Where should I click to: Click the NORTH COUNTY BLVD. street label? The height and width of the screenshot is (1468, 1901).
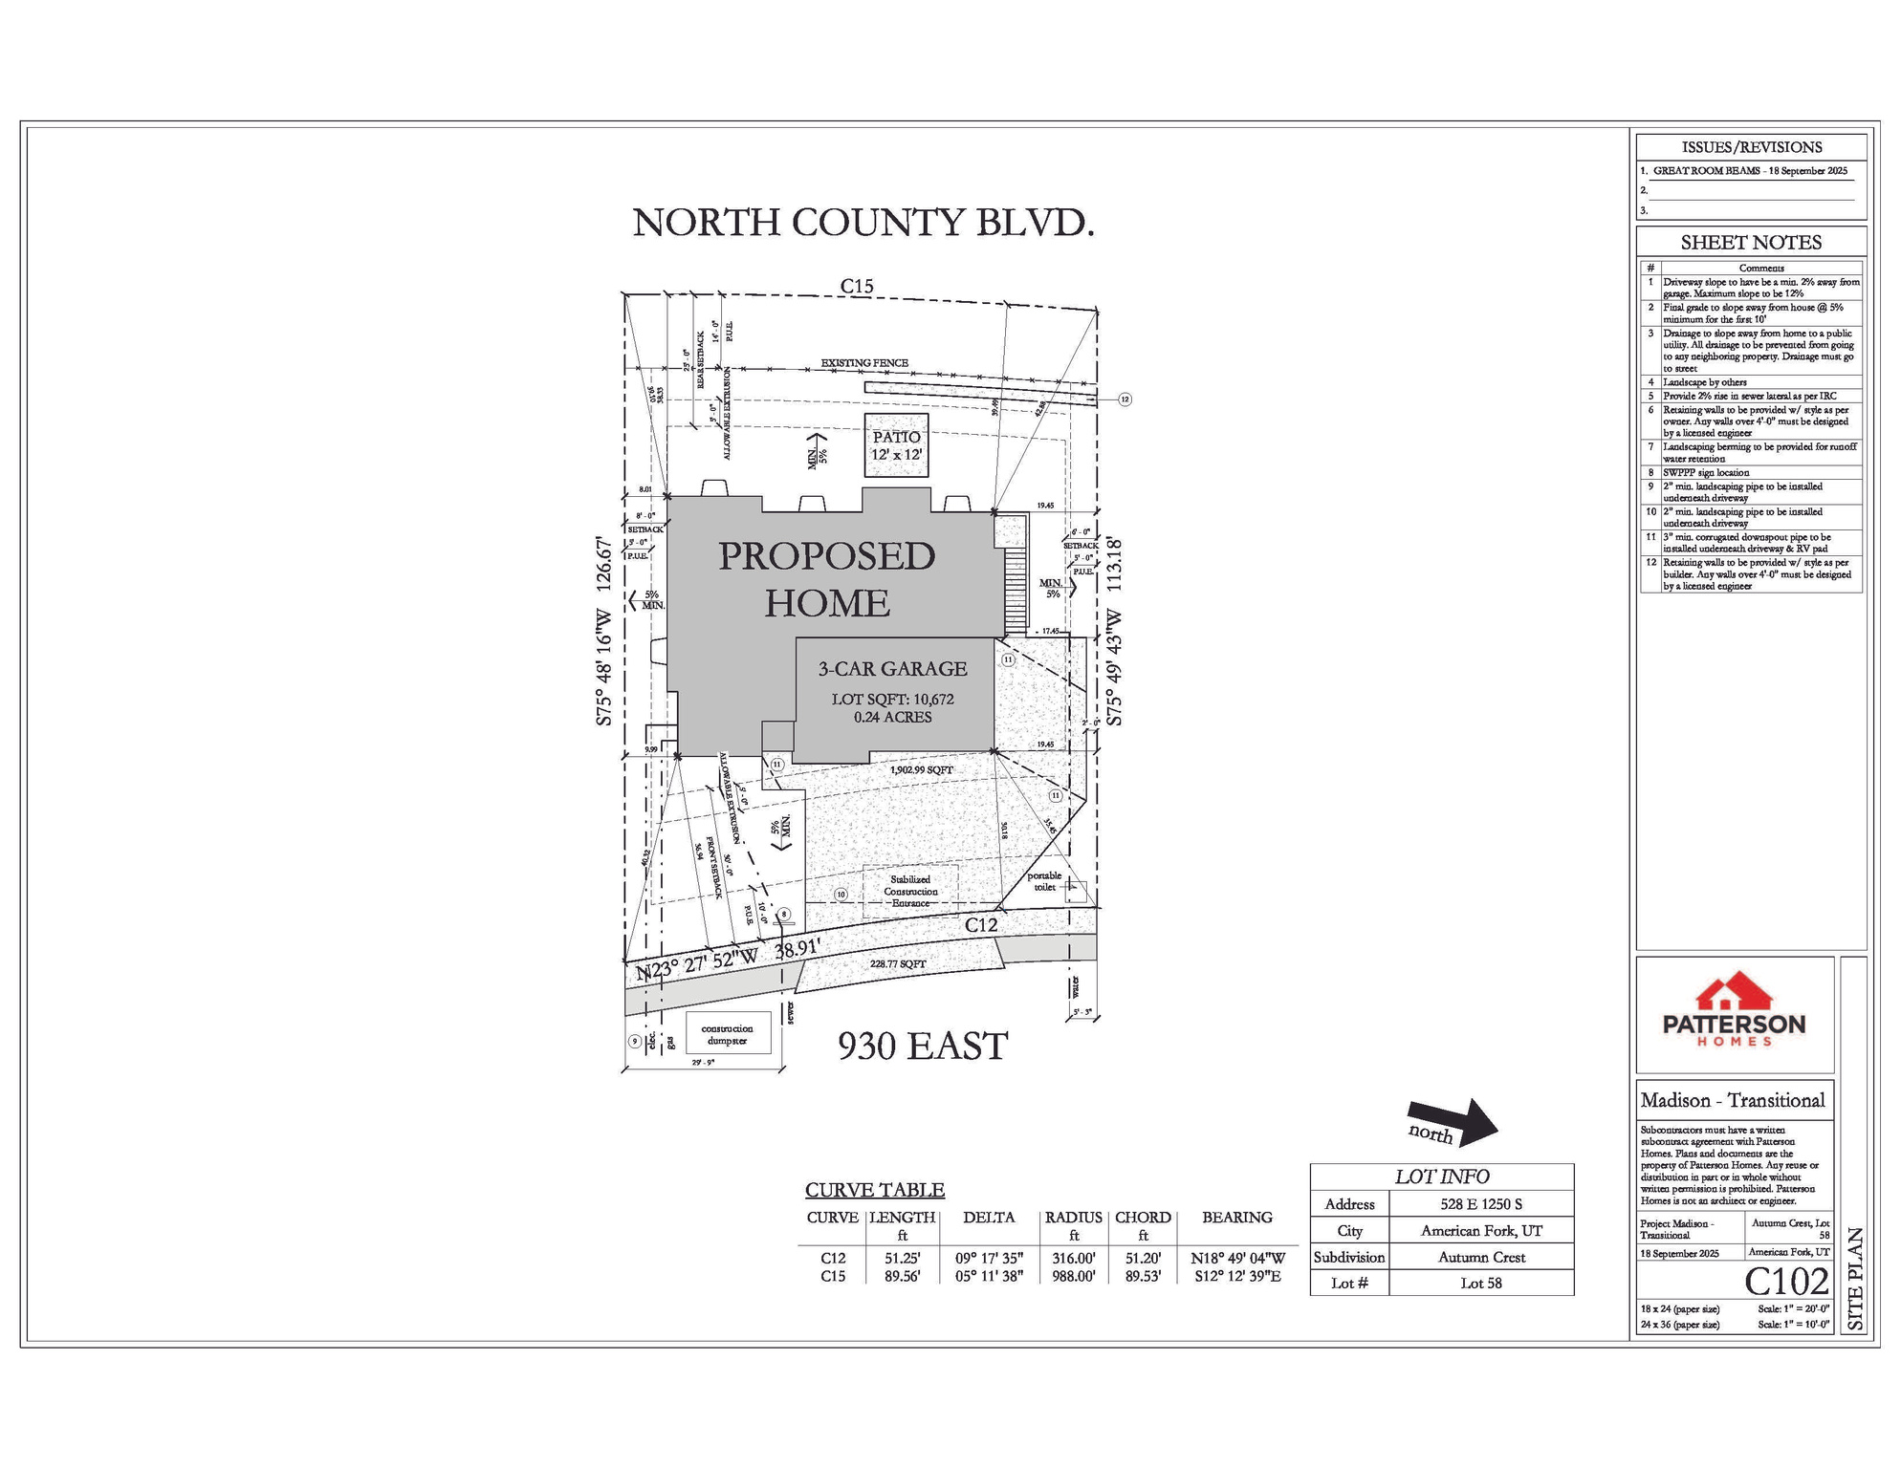coord(863,223)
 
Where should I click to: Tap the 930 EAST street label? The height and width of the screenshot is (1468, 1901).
coord(923,1046)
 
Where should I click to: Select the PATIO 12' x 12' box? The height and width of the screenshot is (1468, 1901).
coord(896,445)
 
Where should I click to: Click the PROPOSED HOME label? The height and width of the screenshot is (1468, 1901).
coord(826,579)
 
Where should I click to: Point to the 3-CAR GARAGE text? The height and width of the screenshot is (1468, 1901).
coord(892,669)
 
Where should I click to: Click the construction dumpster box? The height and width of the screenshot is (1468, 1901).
coord(727,1034)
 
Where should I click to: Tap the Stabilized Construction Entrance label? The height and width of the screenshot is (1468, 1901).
coord(909,891)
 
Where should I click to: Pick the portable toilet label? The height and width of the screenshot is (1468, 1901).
coord(1045,881)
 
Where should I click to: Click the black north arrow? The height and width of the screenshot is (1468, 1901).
coord(1453,1121)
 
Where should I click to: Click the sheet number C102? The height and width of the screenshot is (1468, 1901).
coord(1786,1281)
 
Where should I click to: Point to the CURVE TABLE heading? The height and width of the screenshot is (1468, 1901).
coord(874,1190)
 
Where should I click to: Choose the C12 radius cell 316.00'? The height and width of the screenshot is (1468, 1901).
coord(1073,1259)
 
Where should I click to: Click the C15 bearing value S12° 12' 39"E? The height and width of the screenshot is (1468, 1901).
coord(1237,1276)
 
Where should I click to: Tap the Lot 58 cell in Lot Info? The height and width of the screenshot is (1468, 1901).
coord(1480,1283)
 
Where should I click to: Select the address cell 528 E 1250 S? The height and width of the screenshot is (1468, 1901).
coord(1480,1204)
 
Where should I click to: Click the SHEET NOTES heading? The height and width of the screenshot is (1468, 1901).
coord(1751,243)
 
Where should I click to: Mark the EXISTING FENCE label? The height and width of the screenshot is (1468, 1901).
coord(864,363)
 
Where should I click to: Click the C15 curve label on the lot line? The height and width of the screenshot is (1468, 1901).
coord(857,286)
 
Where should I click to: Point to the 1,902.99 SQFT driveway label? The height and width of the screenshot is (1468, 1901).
coord(921,769)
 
